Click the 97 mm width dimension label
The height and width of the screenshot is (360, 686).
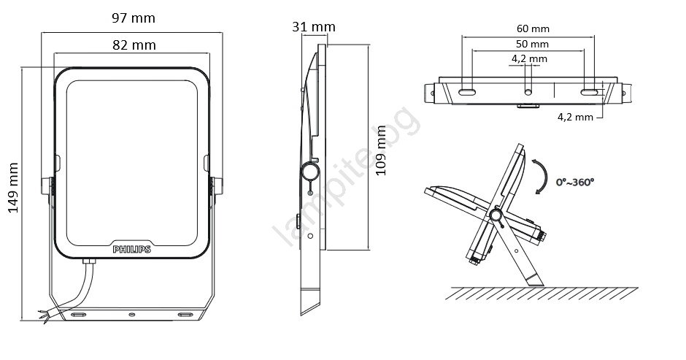134,18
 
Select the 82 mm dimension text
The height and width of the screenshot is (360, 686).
134,45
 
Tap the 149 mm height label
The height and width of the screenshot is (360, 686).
13,188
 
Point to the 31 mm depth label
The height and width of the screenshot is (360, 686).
314,27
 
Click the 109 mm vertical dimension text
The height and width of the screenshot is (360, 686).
381,150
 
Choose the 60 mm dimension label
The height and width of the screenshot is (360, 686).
533,28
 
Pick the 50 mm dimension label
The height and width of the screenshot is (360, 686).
532,44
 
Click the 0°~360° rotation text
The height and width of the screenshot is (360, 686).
575,182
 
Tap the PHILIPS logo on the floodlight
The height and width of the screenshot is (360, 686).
131,249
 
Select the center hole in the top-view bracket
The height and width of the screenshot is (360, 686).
528,92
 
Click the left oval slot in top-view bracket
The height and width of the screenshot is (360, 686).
467,92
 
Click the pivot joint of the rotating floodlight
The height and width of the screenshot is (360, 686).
496,215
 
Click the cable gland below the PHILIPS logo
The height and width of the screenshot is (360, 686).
89,262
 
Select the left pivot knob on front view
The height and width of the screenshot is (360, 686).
47,185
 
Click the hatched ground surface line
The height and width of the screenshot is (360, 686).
542,288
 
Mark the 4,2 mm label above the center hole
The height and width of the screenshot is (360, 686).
529,58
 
